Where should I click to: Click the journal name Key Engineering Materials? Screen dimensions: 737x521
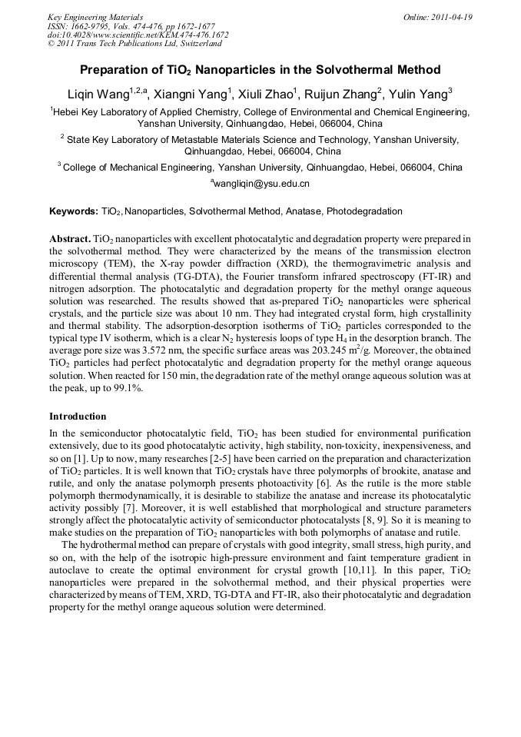[x=95, y=17]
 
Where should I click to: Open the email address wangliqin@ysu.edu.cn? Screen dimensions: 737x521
[x=260, y=184]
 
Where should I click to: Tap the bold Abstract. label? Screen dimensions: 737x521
[x=70, y=239]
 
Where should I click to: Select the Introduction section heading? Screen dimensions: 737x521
[x=78, y=417]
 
